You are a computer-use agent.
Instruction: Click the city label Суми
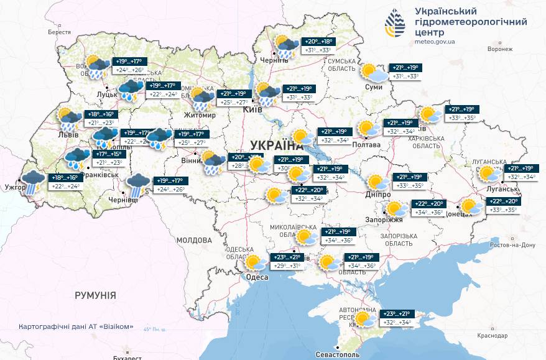point(375,88)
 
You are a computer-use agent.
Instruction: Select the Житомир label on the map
point(199,115)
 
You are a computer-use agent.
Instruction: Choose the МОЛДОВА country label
point(194,240)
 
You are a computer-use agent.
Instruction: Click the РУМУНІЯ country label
point(95,295)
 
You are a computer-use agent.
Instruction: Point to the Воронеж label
point(500,49)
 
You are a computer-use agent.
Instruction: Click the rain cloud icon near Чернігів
point(286,47)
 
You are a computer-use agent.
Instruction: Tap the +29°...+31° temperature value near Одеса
point(287,266)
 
